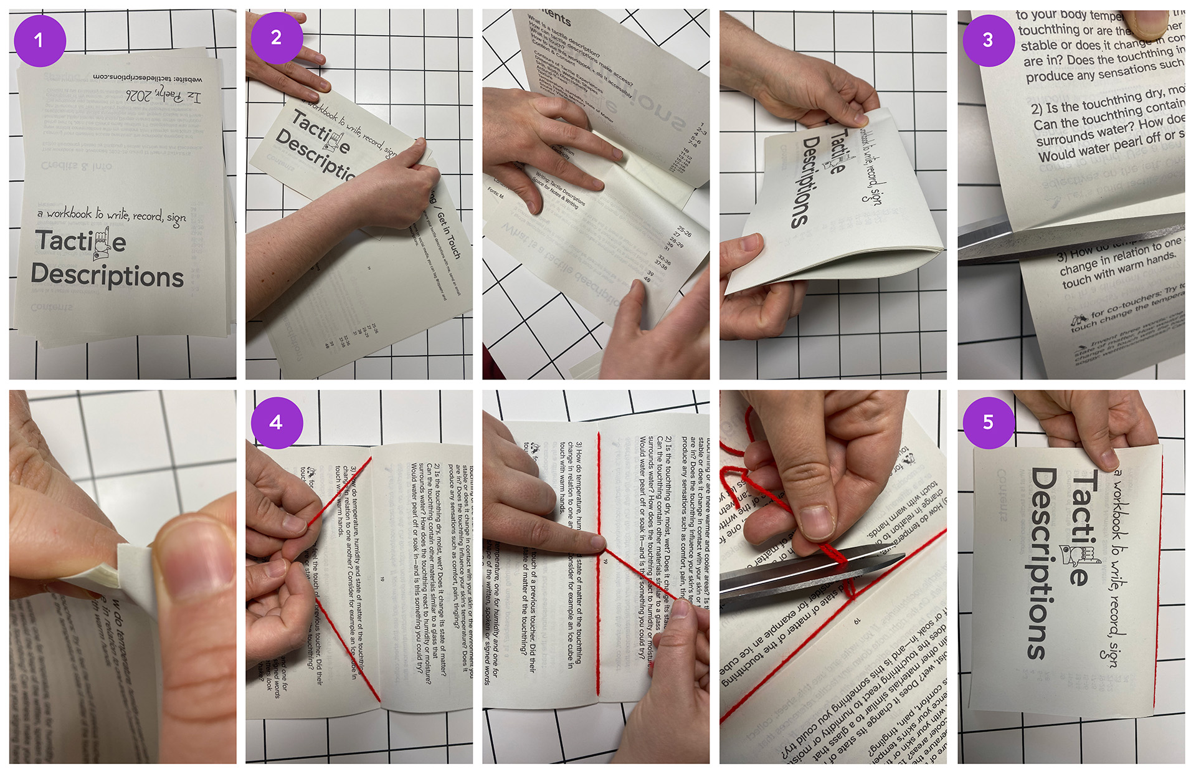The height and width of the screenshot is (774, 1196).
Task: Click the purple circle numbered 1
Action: (x=39, y=41)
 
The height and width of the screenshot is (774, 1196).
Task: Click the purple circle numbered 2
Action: (x=277, y=37)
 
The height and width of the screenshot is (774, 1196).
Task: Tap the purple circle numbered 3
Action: (x=988, y=41)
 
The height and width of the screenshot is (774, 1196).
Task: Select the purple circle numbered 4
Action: (x=277, y=423)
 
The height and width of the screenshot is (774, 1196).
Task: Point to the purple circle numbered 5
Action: (x=988, y=423)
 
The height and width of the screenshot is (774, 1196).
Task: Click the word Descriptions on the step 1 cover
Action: (x=107, y=275)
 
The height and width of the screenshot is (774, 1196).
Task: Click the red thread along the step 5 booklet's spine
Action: (x=1159, y=580)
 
